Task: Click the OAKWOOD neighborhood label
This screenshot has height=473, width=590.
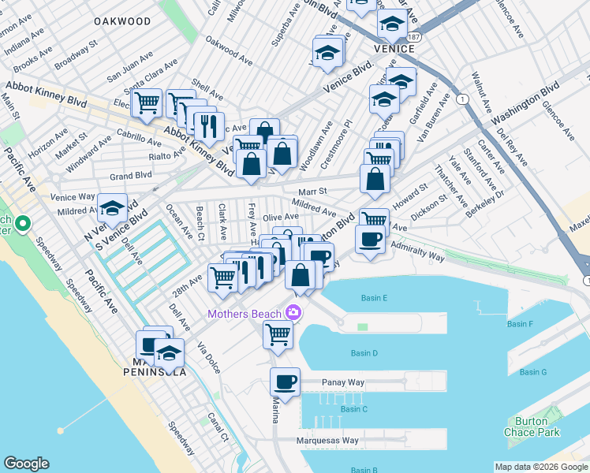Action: (122, 21)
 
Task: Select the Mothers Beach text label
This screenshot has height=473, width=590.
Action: (245, 314)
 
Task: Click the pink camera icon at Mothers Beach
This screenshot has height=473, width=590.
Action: (293, 313)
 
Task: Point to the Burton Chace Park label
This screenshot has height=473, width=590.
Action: (532, 426)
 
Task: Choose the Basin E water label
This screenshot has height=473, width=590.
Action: (374, 298)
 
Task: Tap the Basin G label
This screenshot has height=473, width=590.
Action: (532, 372)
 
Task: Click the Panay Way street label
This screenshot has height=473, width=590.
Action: (343, 382)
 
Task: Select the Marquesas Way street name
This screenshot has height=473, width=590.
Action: (327, 441)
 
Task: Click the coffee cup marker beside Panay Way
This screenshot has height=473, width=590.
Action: (285, 382)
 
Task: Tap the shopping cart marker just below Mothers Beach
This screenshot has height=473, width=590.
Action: (278, 333)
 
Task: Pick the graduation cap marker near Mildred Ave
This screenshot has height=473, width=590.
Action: (112, 207)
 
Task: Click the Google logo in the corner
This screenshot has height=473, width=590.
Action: (26, 464)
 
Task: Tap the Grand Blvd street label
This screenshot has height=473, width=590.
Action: (131, 175)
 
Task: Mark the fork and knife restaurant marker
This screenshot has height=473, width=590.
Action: (209, 125)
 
